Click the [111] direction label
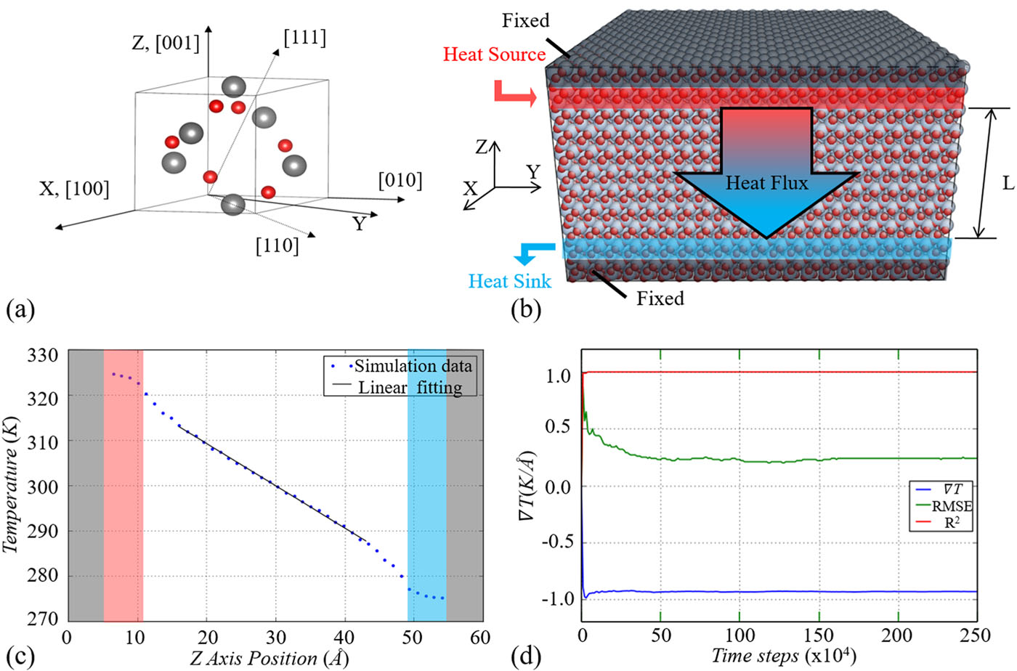304,38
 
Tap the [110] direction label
277,246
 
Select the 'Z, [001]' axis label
165,43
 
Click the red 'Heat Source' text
494,54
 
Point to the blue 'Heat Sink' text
509,281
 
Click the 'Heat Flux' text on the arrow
766,183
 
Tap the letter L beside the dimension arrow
1008,183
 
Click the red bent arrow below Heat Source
514,93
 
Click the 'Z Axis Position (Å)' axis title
270,658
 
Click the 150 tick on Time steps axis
819,635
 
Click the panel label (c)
20,656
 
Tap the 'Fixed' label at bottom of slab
660,298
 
